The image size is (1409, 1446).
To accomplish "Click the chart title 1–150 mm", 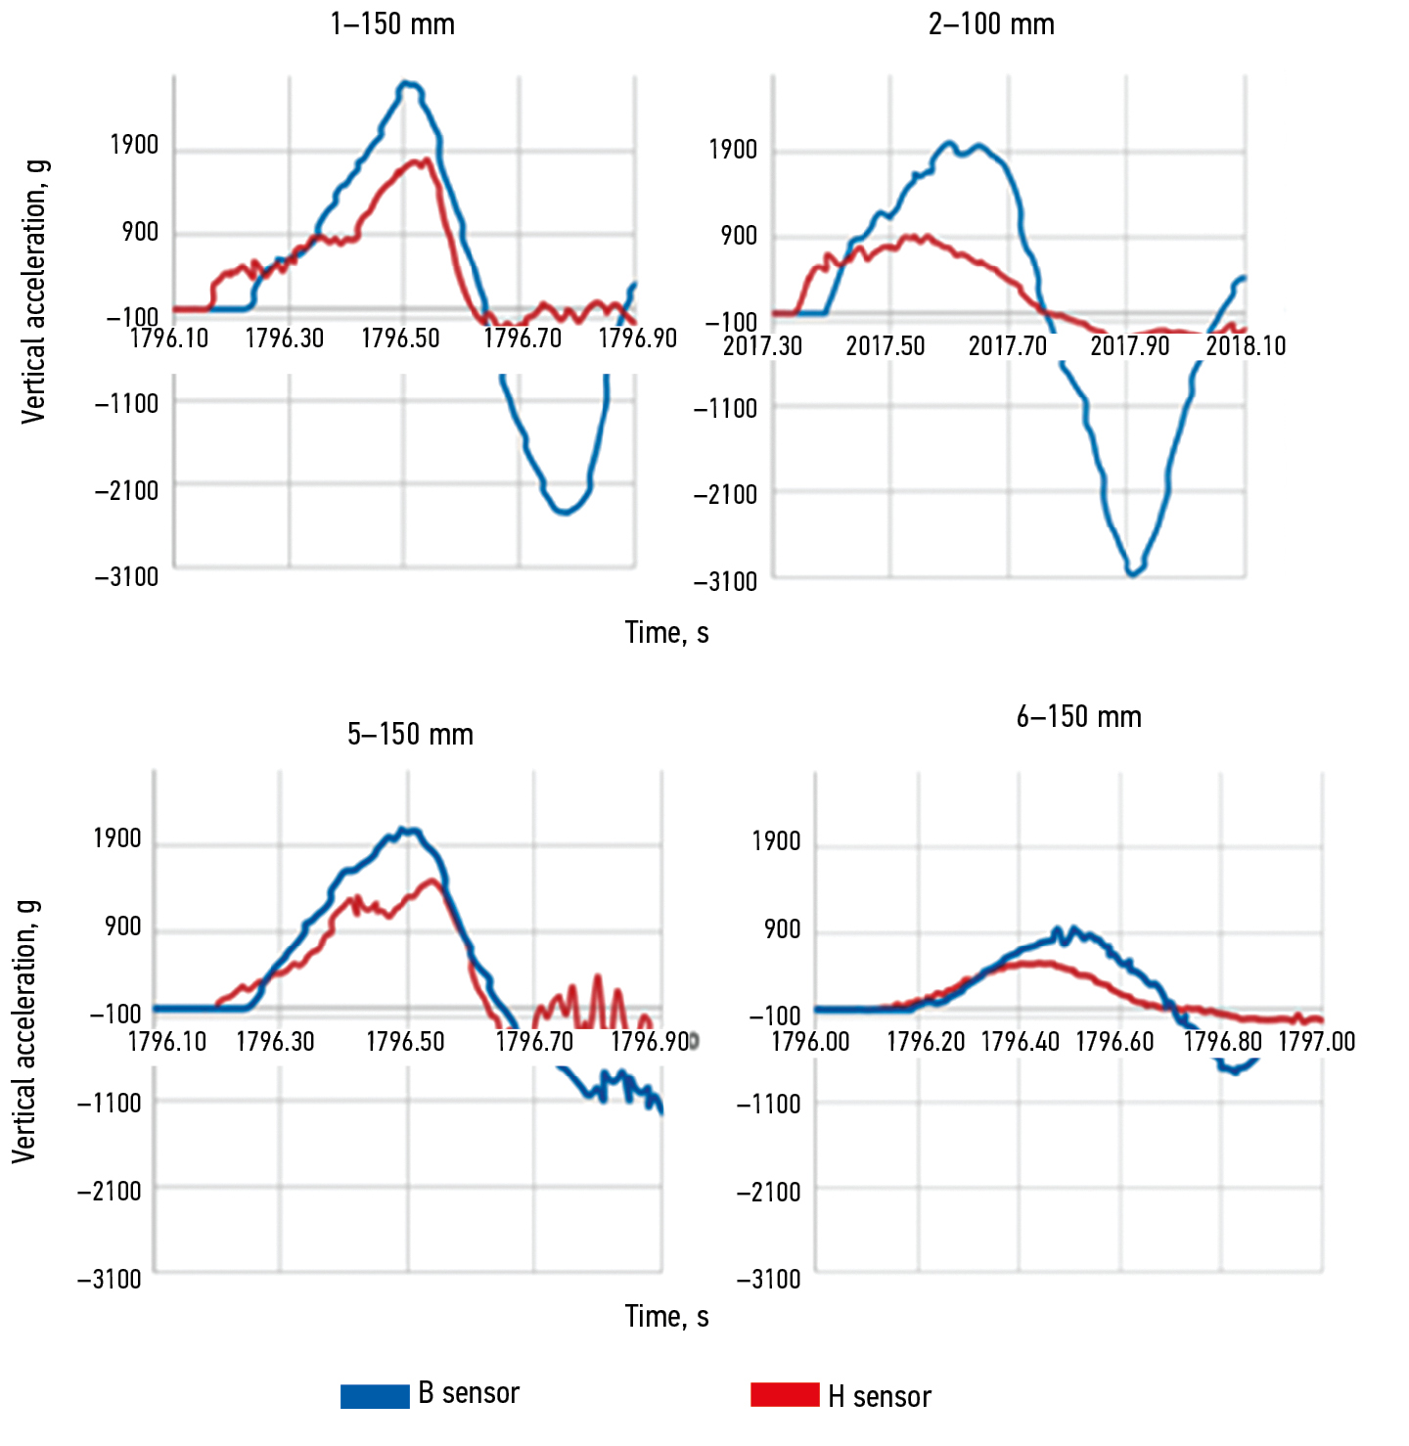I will click(x=392, y=24).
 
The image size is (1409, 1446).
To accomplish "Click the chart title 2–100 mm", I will click(x=991, y=24).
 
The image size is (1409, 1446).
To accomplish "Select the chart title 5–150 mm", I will click(x=410, y=735).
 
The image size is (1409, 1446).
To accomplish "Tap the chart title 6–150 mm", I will click(x=1078, y=717).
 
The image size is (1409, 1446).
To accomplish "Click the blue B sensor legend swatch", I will click(x=375, y=1396).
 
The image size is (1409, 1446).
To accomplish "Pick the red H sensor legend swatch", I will click(x=785, y=1394).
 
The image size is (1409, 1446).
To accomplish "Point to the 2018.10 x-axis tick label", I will click(x=1246, y=346).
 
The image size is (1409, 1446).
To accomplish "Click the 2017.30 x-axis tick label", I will click(x=762, y=346).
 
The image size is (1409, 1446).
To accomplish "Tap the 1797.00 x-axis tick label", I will click(x=1317, y=1041).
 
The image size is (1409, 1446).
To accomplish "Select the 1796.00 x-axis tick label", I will click(x=810, y=1041).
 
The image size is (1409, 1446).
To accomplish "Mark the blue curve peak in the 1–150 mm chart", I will click(x=409, y=85).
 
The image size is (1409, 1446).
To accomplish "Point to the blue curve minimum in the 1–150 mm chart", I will click(x=565, y=512).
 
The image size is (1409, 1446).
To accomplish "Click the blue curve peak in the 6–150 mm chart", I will click(x=1073, y=928).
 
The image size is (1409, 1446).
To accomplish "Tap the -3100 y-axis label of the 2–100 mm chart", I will click(x=725, y=582).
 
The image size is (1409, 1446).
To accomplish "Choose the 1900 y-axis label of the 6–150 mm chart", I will click(x=776, y=841).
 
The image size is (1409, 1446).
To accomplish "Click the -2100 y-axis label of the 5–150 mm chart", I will click(x=110, y=1192).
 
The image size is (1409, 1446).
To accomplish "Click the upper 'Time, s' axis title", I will click(x=666, y=633).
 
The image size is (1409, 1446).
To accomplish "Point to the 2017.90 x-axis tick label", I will click(x=1129, y=346).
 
